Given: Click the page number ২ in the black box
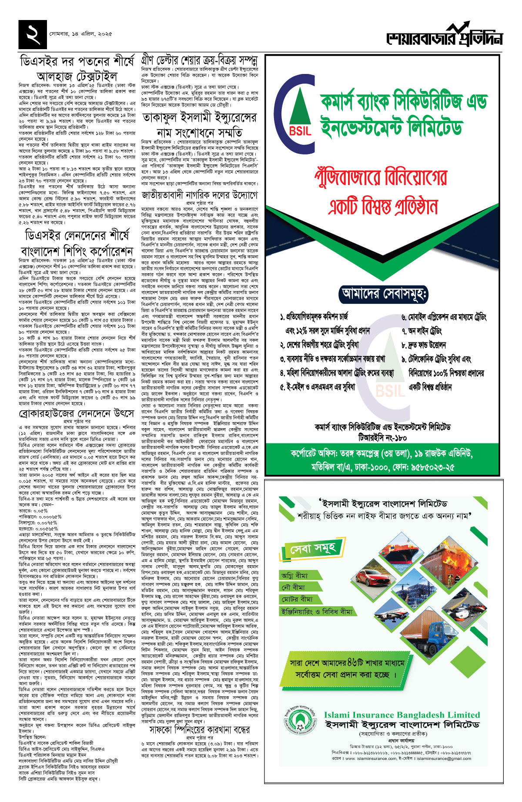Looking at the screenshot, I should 33,34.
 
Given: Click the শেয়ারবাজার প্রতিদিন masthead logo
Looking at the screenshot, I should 444,37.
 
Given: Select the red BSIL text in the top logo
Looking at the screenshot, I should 300,131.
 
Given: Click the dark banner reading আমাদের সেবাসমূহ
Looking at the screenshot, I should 384,293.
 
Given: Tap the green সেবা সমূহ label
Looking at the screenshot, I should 313,549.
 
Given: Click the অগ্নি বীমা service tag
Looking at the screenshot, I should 294,575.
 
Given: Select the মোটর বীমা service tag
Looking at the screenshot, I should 297,599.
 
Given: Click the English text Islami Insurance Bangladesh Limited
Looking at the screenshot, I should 402,715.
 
